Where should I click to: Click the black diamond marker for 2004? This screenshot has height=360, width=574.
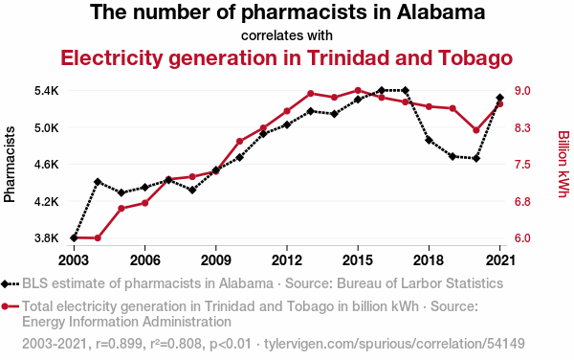98,182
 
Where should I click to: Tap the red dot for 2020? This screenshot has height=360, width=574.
476,130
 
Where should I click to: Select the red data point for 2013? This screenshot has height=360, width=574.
311,94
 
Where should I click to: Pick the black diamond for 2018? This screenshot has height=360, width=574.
429,140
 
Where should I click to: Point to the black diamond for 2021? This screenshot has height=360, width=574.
500,98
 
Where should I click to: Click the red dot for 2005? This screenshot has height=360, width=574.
121,209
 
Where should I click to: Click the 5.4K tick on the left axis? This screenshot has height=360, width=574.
47,90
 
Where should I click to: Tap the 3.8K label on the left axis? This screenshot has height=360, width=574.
47,238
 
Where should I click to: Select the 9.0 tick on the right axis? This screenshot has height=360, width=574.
522,90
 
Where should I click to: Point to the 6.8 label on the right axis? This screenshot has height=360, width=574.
522,201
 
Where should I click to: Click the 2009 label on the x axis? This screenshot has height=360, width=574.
215,260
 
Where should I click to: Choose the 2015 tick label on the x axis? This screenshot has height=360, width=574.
358,260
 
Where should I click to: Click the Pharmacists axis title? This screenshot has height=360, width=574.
10,165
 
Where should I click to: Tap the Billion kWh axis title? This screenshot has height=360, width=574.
563,164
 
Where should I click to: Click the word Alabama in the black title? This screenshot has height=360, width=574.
441,12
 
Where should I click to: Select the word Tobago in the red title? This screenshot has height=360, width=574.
475,58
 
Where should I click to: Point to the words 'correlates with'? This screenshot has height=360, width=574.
287,35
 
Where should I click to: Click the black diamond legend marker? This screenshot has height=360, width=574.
5,283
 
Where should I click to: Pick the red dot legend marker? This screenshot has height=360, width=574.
5,306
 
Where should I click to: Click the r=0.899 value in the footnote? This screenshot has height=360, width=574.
119,344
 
